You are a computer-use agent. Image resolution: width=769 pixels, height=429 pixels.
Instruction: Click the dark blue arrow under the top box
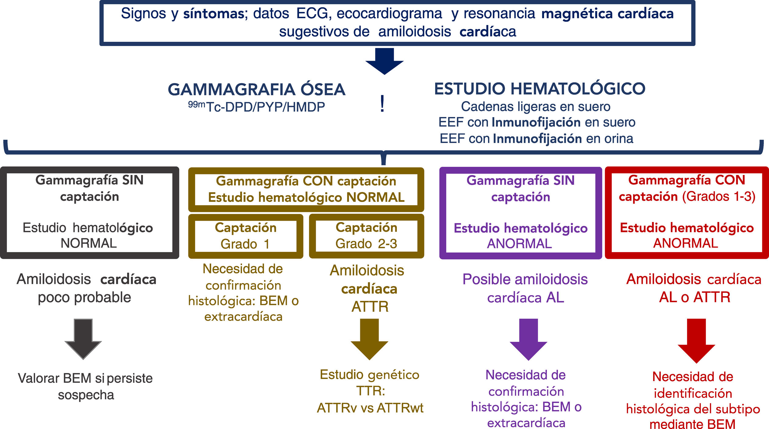(384, 61)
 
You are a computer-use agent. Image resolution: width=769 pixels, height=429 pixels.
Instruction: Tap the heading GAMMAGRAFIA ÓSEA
(256, 90)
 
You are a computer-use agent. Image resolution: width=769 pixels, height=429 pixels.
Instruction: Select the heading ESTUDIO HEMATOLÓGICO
(539, 89)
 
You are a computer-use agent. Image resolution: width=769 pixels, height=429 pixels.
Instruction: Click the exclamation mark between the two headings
(382, 104)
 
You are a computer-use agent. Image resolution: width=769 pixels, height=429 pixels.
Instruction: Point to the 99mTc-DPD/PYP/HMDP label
(256, 107)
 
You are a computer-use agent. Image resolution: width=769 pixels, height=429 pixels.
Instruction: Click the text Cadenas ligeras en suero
(536, 107)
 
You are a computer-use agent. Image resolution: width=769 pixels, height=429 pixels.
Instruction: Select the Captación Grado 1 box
(245, 236)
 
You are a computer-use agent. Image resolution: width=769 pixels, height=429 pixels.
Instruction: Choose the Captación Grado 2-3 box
(366, 236)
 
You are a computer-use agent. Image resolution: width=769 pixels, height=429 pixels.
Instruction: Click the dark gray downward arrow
(83, 339)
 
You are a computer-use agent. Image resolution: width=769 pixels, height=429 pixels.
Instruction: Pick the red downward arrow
(696, 340)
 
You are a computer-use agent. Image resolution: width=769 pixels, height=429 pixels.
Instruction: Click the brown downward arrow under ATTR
(369, 339)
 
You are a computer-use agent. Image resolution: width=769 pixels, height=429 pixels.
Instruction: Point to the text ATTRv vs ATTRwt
(370, 408)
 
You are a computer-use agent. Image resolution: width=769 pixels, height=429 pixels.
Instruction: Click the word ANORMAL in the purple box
(519, 244)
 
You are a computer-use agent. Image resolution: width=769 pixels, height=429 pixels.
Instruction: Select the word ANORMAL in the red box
(685, 243)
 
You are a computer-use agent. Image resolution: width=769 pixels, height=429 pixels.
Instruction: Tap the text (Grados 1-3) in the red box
(719, 197)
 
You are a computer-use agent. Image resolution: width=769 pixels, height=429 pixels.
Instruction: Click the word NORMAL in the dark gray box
(89, 243)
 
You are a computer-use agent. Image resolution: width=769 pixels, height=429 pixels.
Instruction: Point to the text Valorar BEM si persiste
(85, 378)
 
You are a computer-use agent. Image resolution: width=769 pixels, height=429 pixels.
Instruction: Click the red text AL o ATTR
(695, 297)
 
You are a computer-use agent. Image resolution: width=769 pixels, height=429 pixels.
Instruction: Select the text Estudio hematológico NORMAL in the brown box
(306, 198)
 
